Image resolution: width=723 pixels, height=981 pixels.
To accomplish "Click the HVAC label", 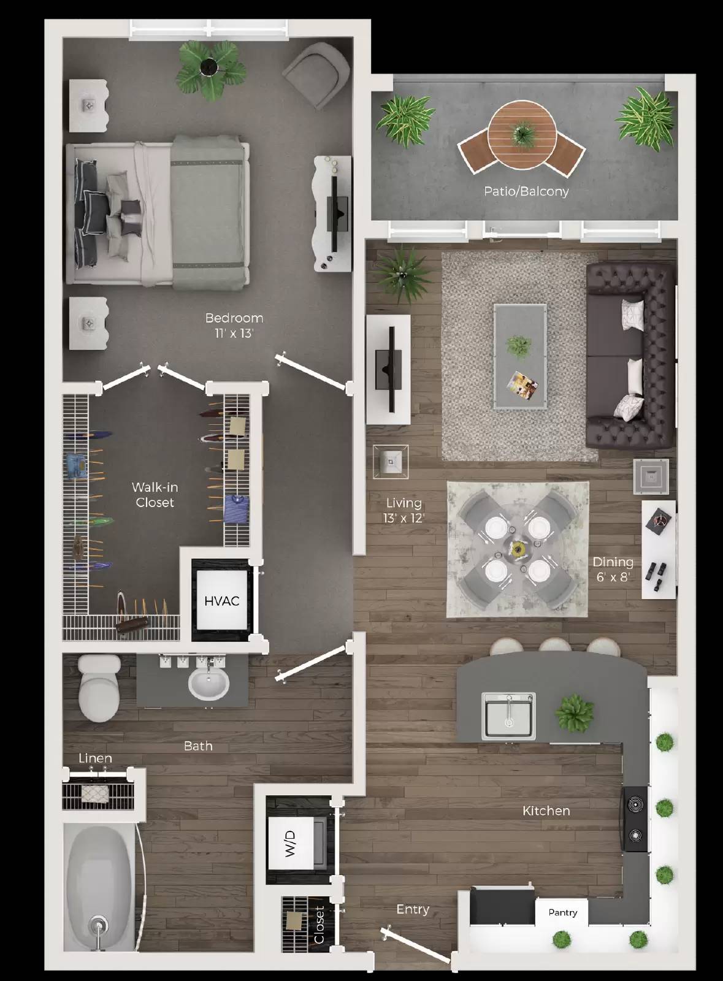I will [x=221, y=601].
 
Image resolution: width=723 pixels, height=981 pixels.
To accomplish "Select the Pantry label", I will [x=562, y=912].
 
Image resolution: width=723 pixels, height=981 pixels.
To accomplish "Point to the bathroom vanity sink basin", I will [x=208, y=684].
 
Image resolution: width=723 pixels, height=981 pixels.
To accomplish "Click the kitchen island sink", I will [x=508, y=716].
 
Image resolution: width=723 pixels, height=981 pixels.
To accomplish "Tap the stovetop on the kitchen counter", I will [x=635, y=819].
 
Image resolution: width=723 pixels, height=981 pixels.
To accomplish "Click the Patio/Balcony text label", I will [x=526, y=191].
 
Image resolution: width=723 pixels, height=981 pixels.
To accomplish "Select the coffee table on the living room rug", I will [x=520, y=356].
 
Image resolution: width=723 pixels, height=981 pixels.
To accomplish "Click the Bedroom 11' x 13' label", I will [x=234, y=325].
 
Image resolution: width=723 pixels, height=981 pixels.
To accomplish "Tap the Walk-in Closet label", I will [x=155, y=495].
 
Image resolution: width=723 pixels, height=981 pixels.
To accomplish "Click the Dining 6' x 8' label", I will [x=613, y=569].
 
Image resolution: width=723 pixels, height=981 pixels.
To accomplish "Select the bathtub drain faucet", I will [x=98, y=925].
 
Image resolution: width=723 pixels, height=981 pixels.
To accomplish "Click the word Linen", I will [x=95, y=758].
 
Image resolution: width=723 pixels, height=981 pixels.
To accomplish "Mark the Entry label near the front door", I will [x=413, y=909].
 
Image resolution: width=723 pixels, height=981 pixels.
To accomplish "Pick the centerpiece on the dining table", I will [x=519, y=547].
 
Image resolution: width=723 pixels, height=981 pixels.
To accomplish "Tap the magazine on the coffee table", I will [x=522, y=384].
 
